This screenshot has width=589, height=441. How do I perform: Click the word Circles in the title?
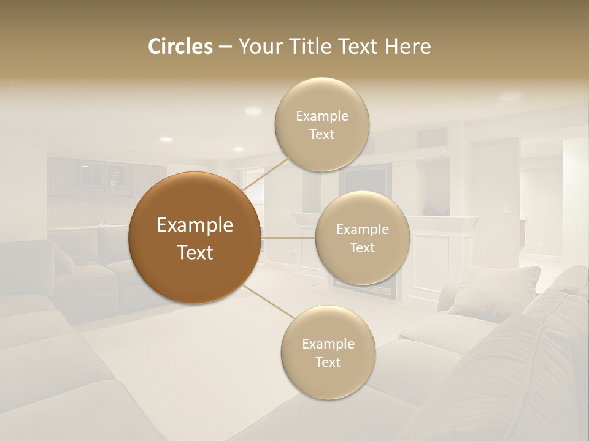coord(180,47)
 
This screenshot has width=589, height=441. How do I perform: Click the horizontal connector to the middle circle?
coord(288,238)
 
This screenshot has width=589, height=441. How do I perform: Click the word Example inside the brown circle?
coord(195,225)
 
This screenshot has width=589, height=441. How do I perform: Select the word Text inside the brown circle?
coord(195,252)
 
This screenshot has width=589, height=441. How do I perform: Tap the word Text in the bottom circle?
coord(328,362)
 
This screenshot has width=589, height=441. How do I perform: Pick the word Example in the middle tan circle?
coord(362,230)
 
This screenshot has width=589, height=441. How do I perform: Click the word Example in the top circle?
coord(321,116)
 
